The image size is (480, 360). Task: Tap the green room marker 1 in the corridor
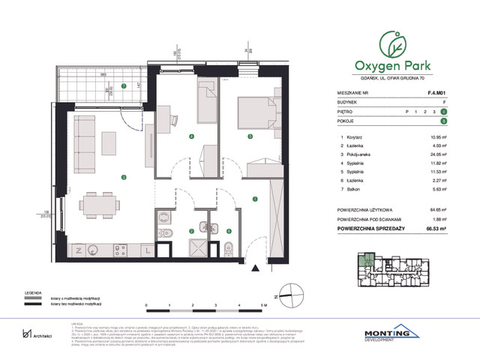click(256, 199)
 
